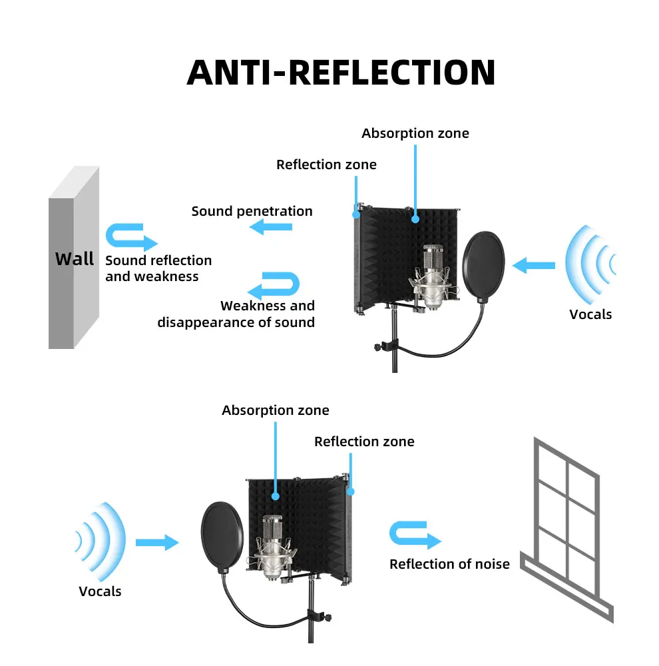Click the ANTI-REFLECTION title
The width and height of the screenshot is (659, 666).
[x=341, y=72]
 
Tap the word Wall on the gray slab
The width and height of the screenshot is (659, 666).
[x=74, y=258]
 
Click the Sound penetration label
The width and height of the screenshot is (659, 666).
[x=252, y=211]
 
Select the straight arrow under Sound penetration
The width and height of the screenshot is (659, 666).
[x=271, y=228]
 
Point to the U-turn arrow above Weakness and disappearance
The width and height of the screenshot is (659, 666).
[x=274, y=284]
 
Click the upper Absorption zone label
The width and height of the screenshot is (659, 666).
[x=415, y=133]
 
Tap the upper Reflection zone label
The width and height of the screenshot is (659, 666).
[x=326, y=165]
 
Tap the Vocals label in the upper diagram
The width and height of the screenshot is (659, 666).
[x=590, y=314]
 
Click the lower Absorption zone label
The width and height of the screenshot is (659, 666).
[x=275, y=410]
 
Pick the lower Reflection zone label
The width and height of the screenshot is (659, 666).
[x=364, y=442]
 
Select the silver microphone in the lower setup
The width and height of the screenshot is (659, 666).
[x=272, y=546]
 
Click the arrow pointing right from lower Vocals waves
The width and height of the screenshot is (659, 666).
[x=157, y=542]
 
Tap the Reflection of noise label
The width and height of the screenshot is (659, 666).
[x=449, y=564]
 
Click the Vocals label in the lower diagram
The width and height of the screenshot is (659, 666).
[x=100, y=591]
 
